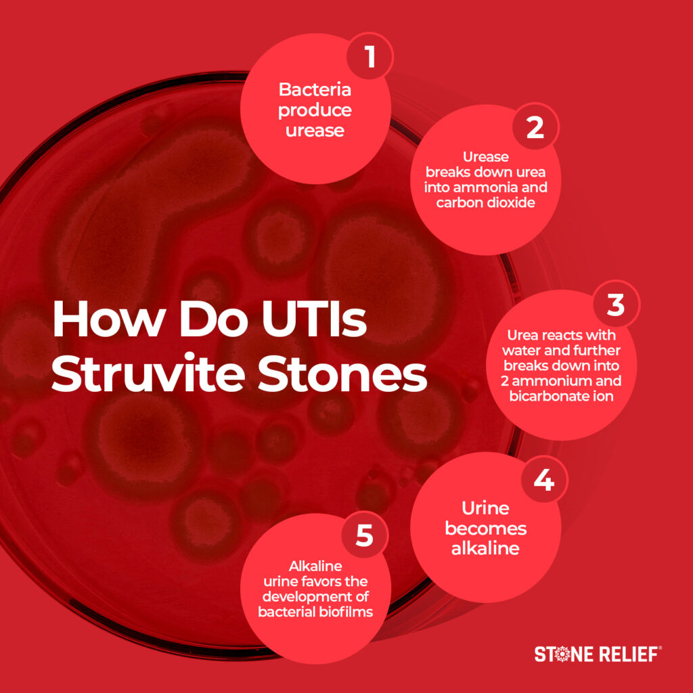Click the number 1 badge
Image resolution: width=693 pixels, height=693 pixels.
coord(370,57)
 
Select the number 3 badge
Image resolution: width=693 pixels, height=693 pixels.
coord(615,305)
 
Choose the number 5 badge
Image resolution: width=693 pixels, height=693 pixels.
coord(364,536)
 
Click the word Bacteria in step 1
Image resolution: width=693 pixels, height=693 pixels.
coord(315,90)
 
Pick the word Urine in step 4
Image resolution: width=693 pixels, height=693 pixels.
coord(485,508)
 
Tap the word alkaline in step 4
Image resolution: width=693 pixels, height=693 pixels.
coord(485,547)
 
